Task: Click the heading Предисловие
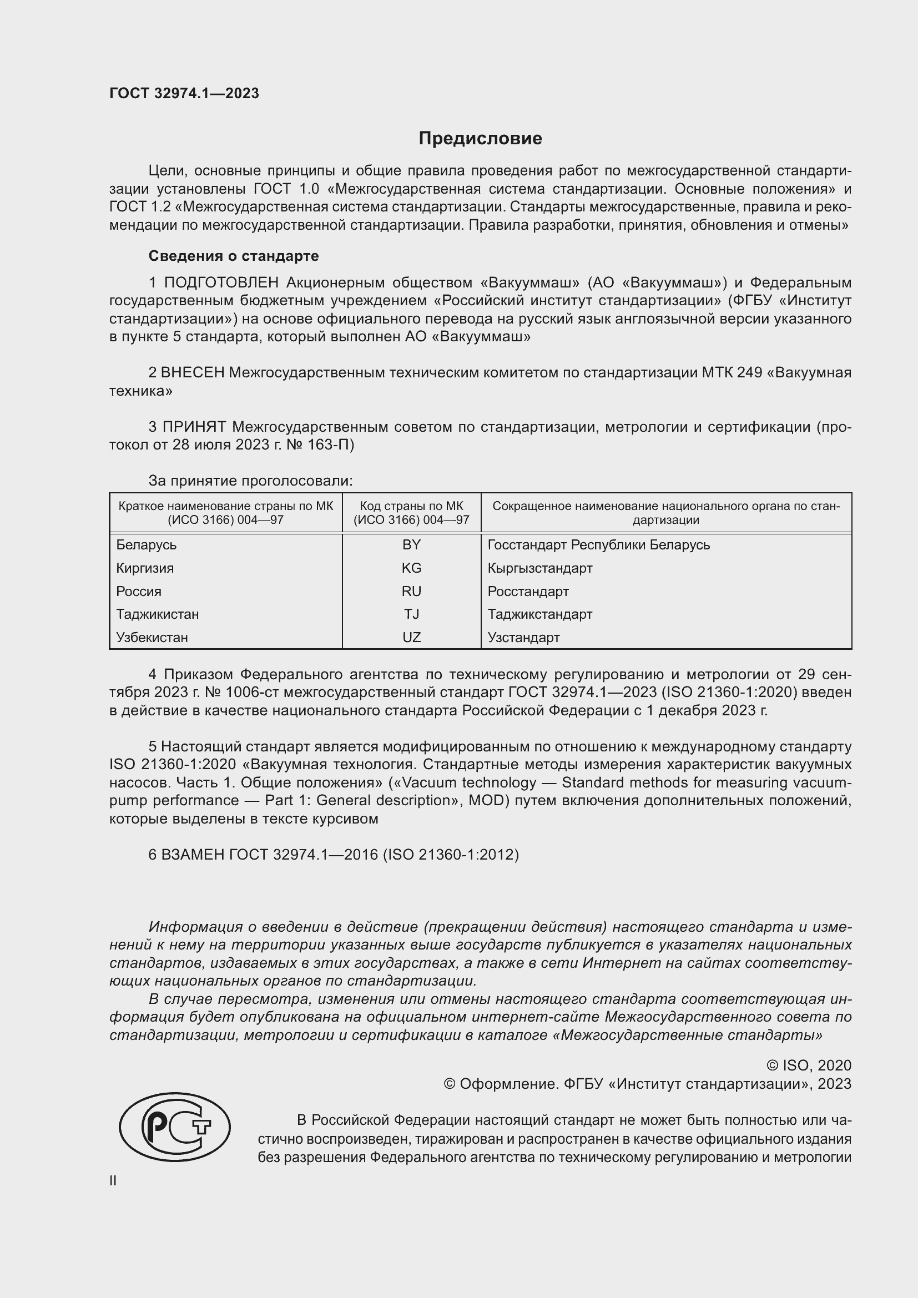click(x=480, y=139)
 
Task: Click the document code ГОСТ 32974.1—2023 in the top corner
click(x=184, y=93)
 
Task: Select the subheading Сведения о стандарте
click(x=234, y=256)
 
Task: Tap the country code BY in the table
click(x=411, y=544)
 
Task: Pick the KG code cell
click(x=411, y=568)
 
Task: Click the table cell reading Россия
click(x=139, y=592)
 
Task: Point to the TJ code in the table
click(x=411, y=614)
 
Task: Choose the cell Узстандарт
click(x=523, y=638)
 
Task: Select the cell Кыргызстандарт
click(x=540, y=568)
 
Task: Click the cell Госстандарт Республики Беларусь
click(x=599, y=545)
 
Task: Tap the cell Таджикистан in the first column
click(x=158, y=614)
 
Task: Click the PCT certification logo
click(x=175, y=1127)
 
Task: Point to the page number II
click(x=113, y=1180)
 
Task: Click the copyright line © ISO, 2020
click(x=808, y=1065)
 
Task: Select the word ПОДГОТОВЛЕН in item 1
click(x=221, y=282)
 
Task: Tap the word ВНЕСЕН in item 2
click(x=193, y=372)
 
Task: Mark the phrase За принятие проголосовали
click(x=250, y=481)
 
